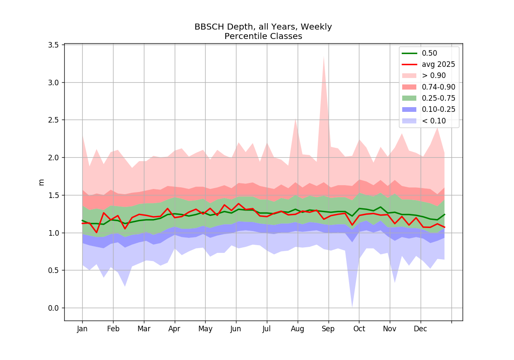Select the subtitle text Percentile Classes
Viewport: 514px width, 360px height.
(263, 36)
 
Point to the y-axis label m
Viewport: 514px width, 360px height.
(41, 182)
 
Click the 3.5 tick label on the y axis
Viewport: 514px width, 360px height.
(53, 45)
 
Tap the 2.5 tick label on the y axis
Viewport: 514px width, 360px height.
(53, 120)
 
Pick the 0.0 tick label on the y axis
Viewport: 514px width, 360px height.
(53, 308)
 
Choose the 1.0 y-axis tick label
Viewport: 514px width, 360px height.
(53, 233)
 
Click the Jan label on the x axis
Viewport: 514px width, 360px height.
(82, 329)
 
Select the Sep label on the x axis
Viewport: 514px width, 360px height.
(328, 329)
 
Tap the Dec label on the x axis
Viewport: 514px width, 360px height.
(420, 329)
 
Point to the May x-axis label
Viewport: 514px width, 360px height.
(205, 329)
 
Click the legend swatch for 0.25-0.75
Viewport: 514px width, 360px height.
(409, 98)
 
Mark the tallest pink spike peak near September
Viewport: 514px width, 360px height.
(323, 56)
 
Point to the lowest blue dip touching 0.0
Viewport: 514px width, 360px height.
(352, 307)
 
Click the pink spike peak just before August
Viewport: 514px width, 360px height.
(295, 118)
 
